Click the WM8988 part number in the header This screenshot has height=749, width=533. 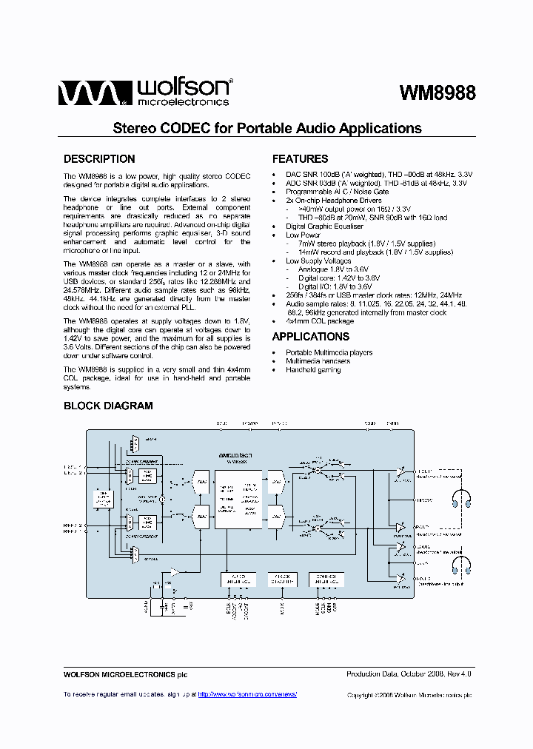(437, 93)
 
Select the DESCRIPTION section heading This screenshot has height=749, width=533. (99, 159)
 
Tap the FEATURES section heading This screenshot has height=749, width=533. (300, 159)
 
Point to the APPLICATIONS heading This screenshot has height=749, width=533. (310, 337)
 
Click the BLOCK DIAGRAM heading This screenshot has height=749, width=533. (108, 406)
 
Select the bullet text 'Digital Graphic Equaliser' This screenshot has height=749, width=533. (324, 226)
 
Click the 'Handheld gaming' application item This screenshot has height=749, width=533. (313, 369)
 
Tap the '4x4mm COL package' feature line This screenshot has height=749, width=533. (320, 321)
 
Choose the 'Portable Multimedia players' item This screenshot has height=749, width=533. (329, 352)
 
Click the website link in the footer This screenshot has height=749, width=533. (249, 694)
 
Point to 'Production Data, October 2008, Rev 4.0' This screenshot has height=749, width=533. (409, 674)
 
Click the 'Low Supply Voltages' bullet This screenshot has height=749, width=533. (318, 261)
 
